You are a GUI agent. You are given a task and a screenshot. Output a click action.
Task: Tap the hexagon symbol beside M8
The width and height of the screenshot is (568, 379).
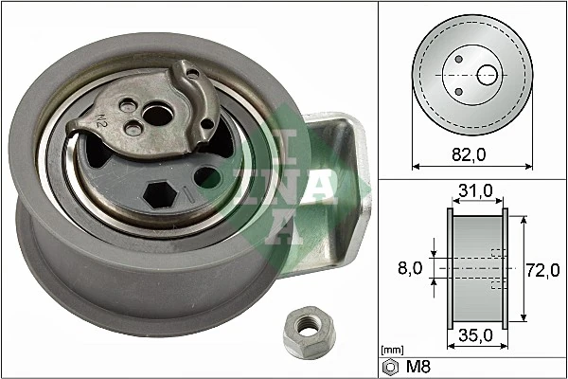click(390, 367)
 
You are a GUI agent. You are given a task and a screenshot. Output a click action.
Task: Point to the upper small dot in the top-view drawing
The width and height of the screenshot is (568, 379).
click(458, 59)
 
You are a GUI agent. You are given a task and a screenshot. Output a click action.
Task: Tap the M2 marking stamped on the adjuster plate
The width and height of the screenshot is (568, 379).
click(101, 120)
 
